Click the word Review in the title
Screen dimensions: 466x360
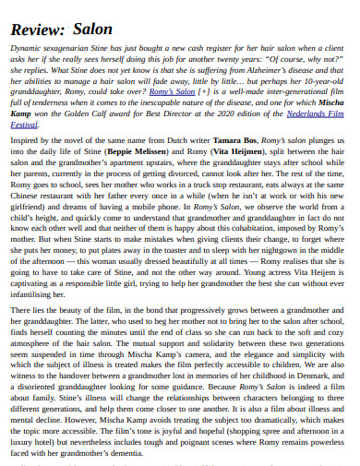coord(36,29)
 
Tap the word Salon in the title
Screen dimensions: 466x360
coord(92,29)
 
